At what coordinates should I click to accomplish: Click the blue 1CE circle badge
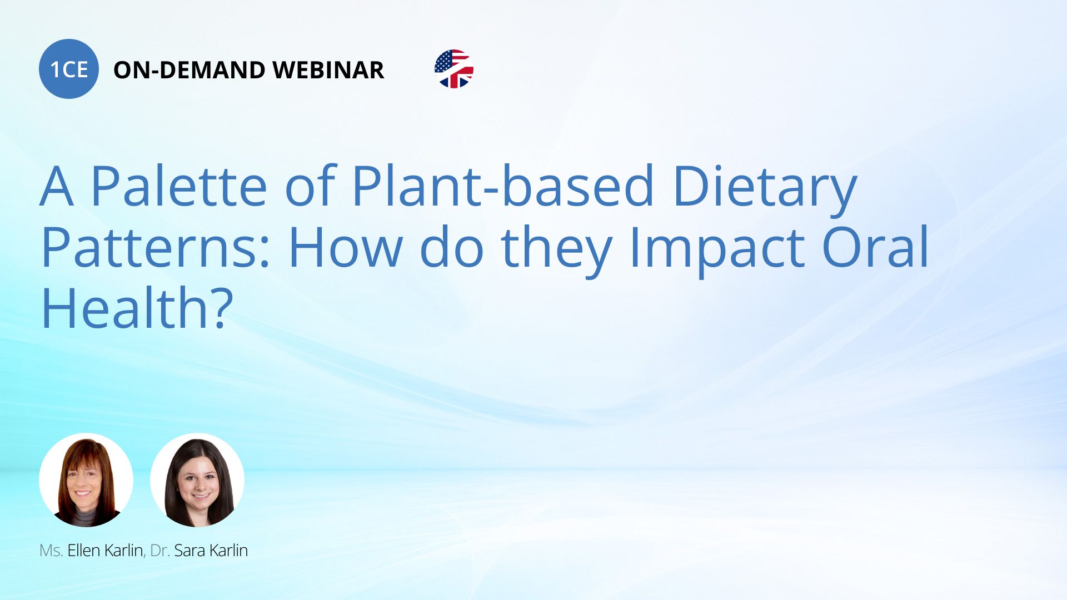click(69, 69)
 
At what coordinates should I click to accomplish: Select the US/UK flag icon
click(454, 69)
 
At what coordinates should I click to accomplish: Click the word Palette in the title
click(179, 186)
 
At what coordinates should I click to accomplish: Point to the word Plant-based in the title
click(503, 186)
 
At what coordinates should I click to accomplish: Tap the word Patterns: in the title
click(156, 247)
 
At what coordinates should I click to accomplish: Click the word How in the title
click(345, 247)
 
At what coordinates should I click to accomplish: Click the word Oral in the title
click(875, 247)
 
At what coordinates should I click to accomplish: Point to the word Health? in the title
click(137, 308)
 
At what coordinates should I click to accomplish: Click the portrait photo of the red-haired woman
click(86, 480)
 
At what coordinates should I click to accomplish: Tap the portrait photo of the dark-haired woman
click(197, 480)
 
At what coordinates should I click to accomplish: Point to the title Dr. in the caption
click(160, 551)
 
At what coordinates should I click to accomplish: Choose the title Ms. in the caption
click(51, 551)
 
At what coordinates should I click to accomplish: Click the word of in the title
click(310, 186)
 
